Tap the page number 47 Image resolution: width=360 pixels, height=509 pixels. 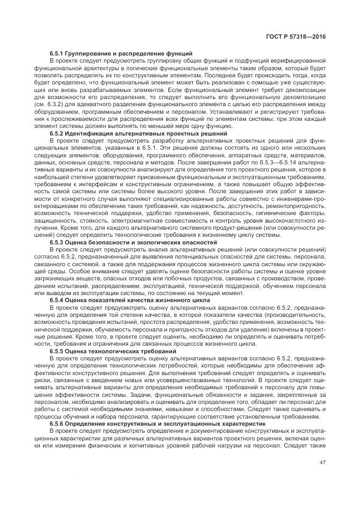(323, 463)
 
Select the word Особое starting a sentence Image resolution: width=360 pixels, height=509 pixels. (71, 271)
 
